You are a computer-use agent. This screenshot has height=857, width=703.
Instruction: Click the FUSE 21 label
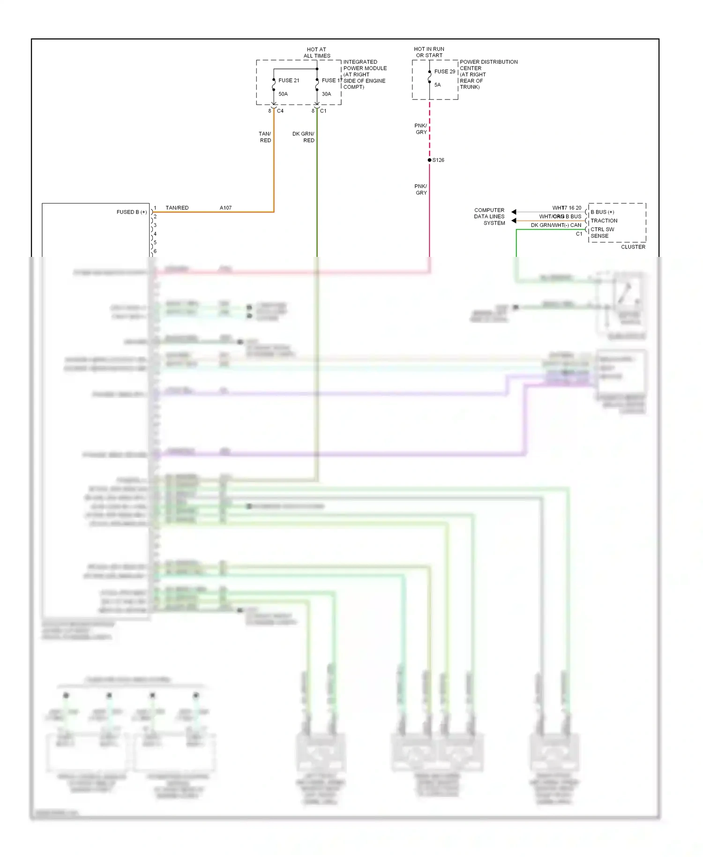[289, 81]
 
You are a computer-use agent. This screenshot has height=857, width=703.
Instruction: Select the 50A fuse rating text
[283, 94]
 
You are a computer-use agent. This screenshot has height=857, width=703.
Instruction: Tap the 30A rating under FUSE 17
[326, 94]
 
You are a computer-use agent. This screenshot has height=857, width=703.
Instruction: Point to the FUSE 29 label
[444, 72]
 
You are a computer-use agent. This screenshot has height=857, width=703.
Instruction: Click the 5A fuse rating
[437, 85]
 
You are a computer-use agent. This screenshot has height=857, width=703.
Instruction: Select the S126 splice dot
[429, 160]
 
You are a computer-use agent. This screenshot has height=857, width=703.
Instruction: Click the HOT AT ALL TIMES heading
[317, 53]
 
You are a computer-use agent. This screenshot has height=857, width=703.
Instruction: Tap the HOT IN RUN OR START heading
[429, 52]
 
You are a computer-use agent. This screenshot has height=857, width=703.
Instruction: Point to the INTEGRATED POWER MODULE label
[365, 74]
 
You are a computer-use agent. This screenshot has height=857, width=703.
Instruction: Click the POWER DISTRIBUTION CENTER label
[488, 74]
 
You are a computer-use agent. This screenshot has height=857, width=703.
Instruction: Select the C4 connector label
[280, 111]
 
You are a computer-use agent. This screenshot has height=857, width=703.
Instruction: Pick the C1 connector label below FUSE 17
[323, 111]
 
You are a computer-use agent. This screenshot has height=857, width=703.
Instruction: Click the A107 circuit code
[225, 208]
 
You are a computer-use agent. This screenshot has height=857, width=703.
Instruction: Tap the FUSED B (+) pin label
[131, 212]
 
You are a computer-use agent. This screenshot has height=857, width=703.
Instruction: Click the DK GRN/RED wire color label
[303, 137]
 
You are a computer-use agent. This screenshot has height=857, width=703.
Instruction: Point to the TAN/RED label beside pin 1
[177, 208]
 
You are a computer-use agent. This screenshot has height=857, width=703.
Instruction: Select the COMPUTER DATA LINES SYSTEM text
[489, 217]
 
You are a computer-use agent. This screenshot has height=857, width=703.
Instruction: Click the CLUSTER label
[633, 247]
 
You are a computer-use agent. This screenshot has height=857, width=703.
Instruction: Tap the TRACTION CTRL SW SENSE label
[604, 228]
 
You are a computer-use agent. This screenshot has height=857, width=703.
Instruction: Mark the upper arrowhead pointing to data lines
[514, 212]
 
